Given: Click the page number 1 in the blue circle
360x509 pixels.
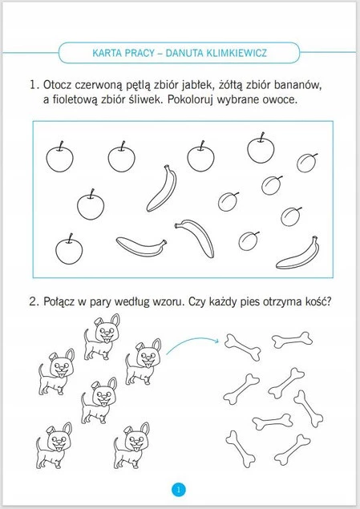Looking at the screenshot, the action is tap(179, 489).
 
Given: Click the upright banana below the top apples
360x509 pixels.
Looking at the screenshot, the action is tap(162, 188).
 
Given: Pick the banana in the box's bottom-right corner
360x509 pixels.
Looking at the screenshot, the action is tap(298, 254).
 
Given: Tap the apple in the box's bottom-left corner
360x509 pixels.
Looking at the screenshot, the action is tap(69, 250).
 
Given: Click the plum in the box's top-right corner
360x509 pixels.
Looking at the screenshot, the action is tap(306, 163).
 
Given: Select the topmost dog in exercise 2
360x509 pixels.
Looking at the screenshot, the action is tap(102, 337).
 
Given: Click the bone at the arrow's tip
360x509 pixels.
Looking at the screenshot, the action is tap(243, 348).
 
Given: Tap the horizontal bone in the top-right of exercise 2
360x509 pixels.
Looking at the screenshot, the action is tap(292, 340).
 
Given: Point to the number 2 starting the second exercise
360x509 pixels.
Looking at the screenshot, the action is tap(32, 301).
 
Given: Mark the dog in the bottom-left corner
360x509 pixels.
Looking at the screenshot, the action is tap(55, 446).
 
